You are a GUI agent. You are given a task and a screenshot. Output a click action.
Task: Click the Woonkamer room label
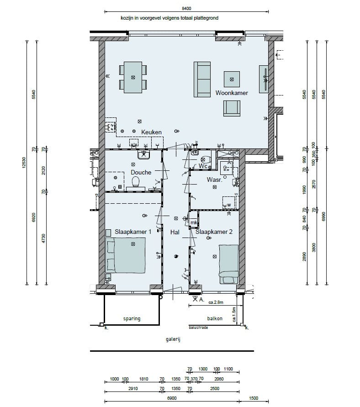click(x=232, y=93)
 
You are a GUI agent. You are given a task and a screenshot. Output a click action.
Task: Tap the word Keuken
click(x=151, y=132)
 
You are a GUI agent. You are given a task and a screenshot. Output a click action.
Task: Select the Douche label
click(x=141, y=172)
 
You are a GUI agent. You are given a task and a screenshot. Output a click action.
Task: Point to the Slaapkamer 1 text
click(x=133, y=232)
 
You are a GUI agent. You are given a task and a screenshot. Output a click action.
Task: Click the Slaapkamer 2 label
click(x=214, y=232)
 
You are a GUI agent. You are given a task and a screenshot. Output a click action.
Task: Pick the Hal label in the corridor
click(x=175, y=232)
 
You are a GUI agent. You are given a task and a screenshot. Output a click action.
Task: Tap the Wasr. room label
click(x=214, y=180)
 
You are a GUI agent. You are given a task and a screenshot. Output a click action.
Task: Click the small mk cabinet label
click(x=194, y=223)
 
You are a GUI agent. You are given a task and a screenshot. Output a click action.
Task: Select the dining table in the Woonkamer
click(x=133, y=77)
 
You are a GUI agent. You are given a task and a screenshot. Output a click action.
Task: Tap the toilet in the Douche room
click(x=136, y=182)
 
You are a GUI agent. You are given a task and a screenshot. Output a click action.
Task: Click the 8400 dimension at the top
click(x=186, y=8)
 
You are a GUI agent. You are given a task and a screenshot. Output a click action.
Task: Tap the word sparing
click(x=132, y=318)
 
